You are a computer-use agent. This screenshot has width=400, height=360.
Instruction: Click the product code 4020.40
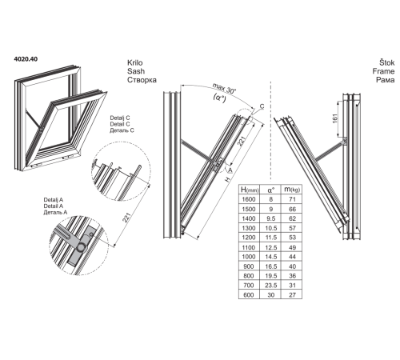point(26,59)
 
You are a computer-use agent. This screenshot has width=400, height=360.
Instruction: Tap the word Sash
point(136,71)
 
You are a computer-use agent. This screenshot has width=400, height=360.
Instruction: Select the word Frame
point(383,71)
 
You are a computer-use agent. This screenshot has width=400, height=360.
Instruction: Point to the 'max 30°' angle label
point(224,88)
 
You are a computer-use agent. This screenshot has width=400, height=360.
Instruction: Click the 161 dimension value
point(335,118)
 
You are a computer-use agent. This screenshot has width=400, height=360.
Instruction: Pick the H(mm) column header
point(250,190)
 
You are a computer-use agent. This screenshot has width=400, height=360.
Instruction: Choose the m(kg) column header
point(292,190)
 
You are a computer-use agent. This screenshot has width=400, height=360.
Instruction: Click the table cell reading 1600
point(249,199)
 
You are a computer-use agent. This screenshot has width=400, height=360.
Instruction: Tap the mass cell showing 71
point(292,199)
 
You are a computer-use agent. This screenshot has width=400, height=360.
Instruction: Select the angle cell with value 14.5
point(270,257)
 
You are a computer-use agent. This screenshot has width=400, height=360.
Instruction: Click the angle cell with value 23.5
point(270,286)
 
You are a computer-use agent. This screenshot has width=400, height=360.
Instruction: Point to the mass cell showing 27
point(292,295)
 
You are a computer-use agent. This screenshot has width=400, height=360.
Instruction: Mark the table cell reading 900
point(249,266)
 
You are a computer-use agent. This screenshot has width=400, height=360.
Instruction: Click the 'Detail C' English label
point(120,124)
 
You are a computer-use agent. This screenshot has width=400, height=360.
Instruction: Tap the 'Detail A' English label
point(54,206)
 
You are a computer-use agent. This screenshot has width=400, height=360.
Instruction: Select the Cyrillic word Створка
point(142,80)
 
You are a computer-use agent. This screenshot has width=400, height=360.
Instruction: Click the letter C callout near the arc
point(262,106)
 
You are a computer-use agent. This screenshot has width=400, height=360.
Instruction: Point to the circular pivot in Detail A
point(81,248)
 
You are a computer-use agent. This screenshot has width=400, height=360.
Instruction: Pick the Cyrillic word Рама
point(386,80)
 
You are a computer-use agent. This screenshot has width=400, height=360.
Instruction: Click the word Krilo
point(135,62)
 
